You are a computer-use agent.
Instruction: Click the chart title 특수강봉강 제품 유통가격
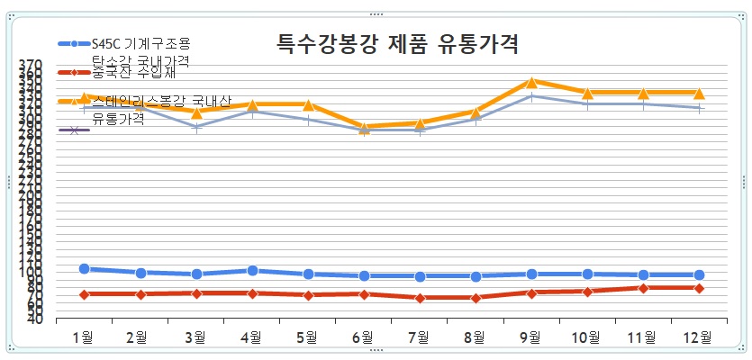click(396, 42)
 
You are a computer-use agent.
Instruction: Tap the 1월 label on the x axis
click(84, 337)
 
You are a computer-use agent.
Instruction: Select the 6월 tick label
click(363, 337)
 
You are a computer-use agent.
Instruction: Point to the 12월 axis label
click(699, 337)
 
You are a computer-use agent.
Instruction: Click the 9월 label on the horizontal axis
click(531, 337)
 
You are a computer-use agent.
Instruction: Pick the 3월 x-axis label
click(195, 337)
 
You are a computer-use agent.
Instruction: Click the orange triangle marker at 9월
click(531, 82)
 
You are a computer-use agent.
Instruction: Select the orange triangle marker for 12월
click(699, 93)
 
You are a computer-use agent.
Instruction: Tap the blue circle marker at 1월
click(84, 268)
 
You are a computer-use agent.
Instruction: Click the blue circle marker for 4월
click(252, 270)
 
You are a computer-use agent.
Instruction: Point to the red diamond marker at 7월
click(420, 297)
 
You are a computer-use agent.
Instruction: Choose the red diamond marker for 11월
click(643, 288)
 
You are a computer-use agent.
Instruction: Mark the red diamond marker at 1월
click(84, 294)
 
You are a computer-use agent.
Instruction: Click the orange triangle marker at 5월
click(308, 105)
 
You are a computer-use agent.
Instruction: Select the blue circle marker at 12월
click(699, 274)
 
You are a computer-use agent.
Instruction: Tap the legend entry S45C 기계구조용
click(140, 43)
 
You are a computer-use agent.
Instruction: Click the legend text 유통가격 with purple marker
click(118, 120)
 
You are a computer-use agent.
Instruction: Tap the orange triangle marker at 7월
click(420, 123)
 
